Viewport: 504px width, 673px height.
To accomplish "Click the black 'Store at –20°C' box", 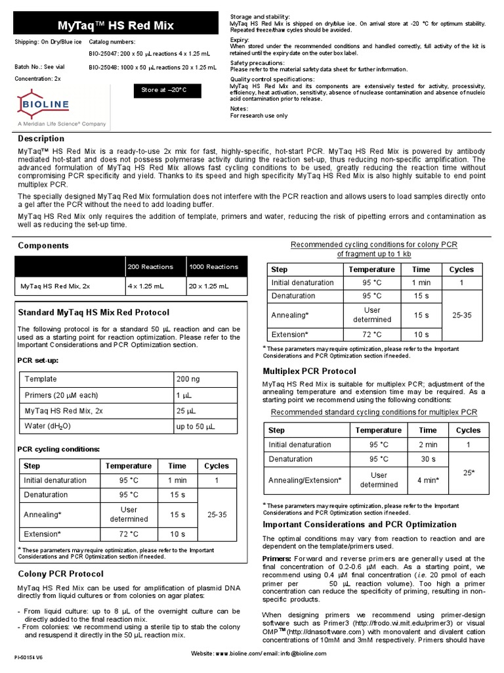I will (x=160, y=89).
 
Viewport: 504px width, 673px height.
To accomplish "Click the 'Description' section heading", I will (x=41, y=139).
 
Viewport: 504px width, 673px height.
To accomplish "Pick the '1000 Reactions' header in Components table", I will (x=213, y=267).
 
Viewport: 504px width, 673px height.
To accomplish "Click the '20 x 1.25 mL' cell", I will (x=209, y=287).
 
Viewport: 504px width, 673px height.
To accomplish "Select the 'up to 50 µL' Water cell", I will (x=195, y=427).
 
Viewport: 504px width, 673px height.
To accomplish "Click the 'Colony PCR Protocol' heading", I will (x=60, y=574).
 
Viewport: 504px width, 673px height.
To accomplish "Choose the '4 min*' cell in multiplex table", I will (x=427, y=480).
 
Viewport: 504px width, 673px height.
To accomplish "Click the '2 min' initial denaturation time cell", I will (x=427, y=444).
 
